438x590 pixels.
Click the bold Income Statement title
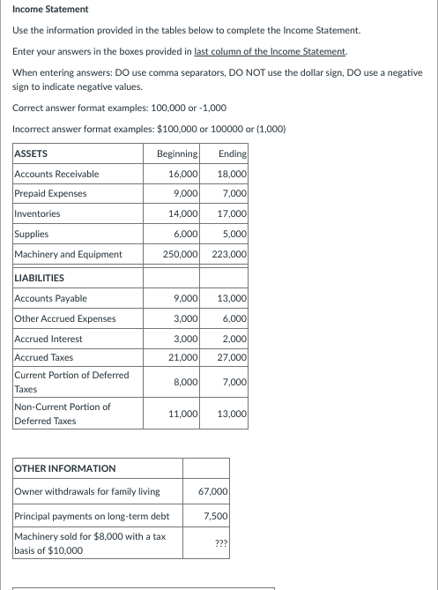click(51, 9)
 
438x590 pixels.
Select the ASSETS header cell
click(32, 153)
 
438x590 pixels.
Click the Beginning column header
click(176, 153)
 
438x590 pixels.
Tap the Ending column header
click(233, 153)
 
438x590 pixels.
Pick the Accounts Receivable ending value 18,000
click(232, 174)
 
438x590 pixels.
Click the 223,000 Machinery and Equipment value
click(229, 254)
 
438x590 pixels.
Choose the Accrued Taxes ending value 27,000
click(232, 357)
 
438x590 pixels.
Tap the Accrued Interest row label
click(48, 339)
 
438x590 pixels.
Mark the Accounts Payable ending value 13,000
click(232, 299)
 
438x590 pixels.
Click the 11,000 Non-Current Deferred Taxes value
click(182, 414)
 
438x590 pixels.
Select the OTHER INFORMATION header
click(65, 468)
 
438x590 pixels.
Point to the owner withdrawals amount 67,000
click(214, 490)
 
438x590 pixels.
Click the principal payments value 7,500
click(216, 516)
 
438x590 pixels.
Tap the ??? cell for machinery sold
click(221, 543)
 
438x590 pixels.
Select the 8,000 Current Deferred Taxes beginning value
click(185, 381)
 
